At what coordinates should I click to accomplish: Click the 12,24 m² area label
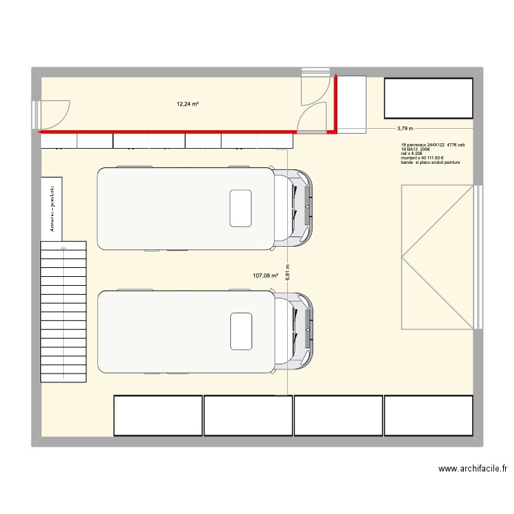point(188,104)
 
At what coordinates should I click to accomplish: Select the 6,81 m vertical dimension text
point(289,272)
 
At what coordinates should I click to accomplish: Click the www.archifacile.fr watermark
point(472,469)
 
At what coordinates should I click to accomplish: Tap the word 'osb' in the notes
point(461,145)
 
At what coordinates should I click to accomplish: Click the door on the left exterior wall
point(52,114)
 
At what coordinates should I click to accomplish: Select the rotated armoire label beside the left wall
point(51,204)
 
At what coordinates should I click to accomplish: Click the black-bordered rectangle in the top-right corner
point(428,98)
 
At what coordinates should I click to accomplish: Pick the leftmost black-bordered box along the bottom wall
point(158,415)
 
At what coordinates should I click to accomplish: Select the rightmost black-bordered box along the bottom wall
point(428,415)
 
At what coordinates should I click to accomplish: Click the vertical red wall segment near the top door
point(335,102)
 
